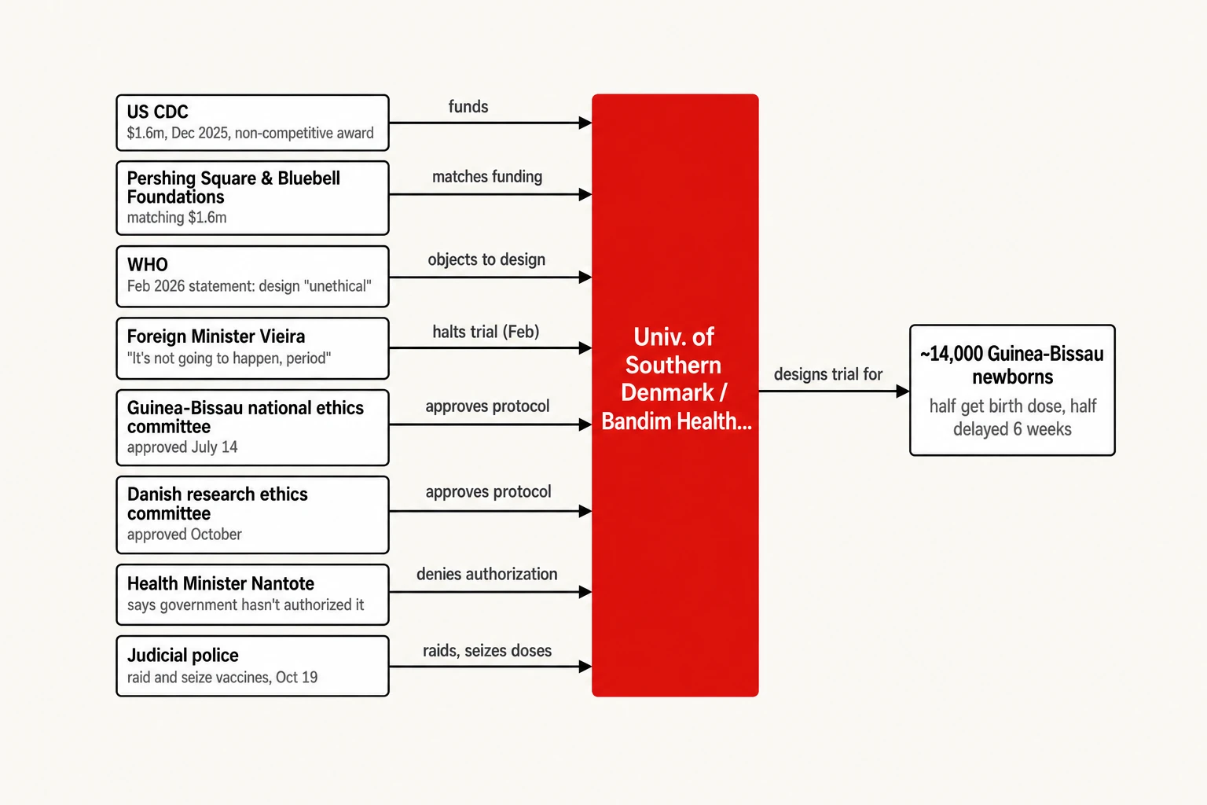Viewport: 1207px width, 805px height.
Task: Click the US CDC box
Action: pyautogui.click(x=252, y=123)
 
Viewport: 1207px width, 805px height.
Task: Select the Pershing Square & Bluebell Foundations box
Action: pyautogui.click(x=252, y=198)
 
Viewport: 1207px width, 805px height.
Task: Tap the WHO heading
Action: pyautogui.click(x=147, y=265)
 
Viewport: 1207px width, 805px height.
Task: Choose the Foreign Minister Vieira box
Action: pyautogui.click(x=252, y=348)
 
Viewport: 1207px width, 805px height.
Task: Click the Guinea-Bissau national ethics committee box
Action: pyautogui.click(x=252, y=428)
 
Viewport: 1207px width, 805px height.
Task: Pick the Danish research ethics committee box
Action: pyautogui.click(x=252, y=515)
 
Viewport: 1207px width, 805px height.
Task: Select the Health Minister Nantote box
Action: pyautogui.click(x=252, y=595)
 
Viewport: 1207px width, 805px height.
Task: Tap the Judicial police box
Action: pyautogui.click(x=252, y=666)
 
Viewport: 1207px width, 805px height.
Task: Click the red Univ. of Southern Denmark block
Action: pyautogui.click(x=675, y=395)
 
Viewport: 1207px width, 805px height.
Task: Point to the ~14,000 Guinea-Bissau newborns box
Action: pyautogui.click(x=1012, y=390)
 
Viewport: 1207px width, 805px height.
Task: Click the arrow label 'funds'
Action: pyautogui.click(x=468, y=107)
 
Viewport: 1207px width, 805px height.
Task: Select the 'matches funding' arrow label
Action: pyautogui.click(x=487, y=177)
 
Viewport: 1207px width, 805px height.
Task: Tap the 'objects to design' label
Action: pyautogui.click(x=486, y=260)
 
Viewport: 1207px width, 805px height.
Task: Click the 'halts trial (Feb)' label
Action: pyautogui.click(x=486, y=332)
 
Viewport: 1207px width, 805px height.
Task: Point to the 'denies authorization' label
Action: pyautogui.click(x=487, y=574)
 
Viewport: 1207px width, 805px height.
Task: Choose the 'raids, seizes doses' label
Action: pyautogui.click(x=487, y=651)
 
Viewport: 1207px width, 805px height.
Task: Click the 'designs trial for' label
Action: pyautogui.click(x=828, y=374)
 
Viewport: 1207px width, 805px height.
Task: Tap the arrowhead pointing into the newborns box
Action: pyautogui.click(x=903, y=391)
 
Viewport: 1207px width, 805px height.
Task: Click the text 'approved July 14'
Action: pyautogui.click(x=182, y=447)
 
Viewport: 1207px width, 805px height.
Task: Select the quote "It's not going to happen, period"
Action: pyautogui.click(x=229, y=358)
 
